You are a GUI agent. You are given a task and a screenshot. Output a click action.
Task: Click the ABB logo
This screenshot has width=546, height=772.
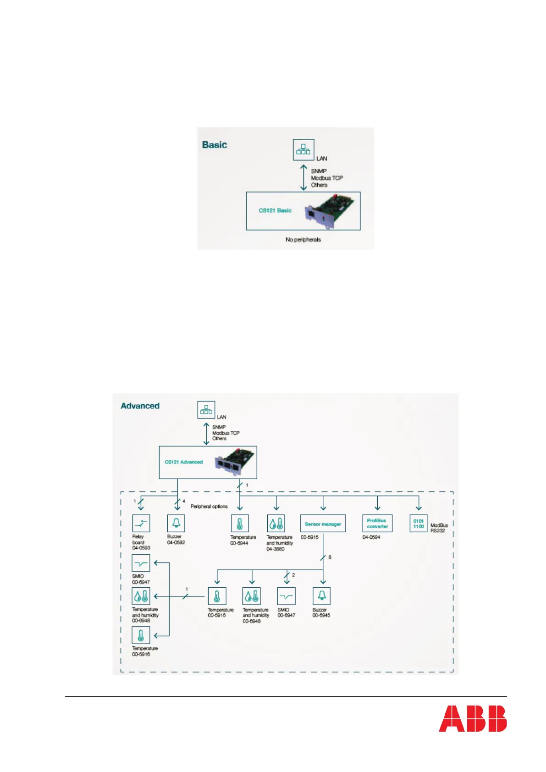tap(473, 718)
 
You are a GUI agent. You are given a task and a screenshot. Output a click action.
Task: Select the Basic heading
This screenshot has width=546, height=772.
tap(215, 145)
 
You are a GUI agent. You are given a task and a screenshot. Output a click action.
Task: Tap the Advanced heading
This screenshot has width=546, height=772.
tap(140, 406)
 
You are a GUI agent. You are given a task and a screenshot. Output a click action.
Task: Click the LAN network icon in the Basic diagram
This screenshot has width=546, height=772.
tap(303, 149)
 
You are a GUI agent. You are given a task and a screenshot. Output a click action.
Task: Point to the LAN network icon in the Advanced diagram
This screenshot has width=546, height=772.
tap(206, 409)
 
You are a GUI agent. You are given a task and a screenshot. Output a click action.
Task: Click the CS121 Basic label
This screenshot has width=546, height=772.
tap(275, 210)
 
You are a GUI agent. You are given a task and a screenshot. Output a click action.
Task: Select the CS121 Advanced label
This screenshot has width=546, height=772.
tap(183, 462)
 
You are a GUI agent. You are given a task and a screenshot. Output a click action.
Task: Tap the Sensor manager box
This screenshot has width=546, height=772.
tap(323, 524)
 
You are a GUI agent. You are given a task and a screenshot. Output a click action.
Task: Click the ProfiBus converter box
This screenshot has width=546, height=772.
tap(377, 524)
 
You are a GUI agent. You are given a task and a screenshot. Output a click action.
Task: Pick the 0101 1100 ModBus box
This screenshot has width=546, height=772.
tap(419, 524)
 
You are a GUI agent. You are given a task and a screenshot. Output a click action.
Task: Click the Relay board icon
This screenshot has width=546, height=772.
tap(141, 523)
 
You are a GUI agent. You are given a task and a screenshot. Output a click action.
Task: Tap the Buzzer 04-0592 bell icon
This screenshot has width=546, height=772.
tap(176, 523)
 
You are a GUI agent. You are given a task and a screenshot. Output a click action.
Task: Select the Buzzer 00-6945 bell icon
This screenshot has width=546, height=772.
tap(321, 596)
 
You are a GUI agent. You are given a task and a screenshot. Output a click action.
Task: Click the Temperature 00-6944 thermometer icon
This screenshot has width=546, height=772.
tap(239, 523)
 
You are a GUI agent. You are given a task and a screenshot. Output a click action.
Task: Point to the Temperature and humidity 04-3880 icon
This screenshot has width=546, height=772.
tap(276, 523)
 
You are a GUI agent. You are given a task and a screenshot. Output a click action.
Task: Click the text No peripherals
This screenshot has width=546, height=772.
tap(303, 240)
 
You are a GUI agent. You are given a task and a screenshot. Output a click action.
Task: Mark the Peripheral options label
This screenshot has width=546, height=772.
tap(209, 507)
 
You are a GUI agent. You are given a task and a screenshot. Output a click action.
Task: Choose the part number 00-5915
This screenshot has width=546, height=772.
tap(309, 537)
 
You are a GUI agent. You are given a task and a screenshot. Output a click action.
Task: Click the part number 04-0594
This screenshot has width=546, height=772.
tap(371, 537)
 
